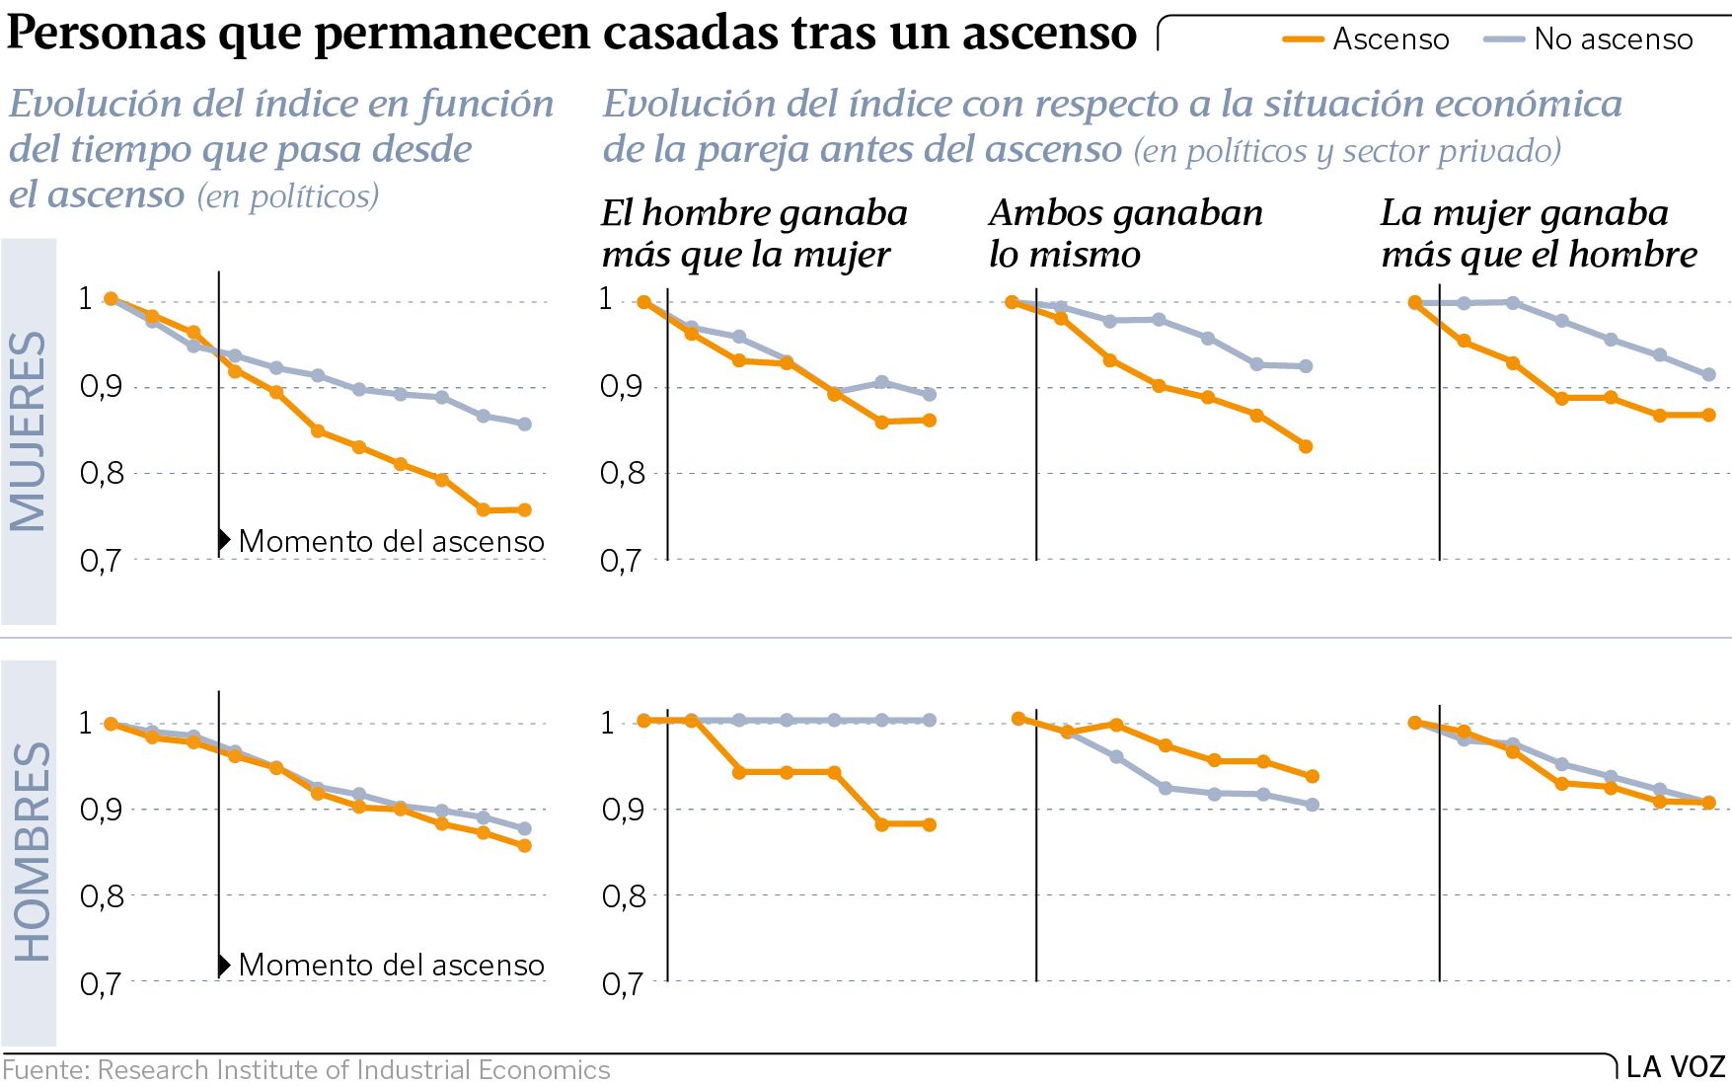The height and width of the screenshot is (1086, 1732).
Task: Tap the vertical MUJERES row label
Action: (x=29, y=431)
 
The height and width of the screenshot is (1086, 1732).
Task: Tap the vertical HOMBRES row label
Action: (x=31, y=852)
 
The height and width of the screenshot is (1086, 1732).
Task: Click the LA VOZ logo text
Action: (x=1675, y=1067)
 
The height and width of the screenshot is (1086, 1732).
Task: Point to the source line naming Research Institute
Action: (x=306, y=1070)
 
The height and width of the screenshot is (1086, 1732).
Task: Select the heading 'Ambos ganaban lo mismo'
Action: (x=1125, y=234)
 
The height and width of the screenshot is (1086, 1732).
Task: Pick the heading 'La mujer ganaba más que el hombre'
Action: (x=1538, y=234)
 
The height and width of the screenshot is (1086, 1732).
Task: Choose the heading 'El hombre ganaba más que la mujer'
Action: (x=754, y=234)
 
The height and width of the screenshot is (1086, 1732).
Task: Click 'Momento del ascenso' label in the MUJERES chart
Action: (x=391, y=541)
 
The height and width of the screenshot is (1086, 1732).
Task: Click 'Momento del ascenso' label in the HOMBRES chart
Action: (x=391, y=965)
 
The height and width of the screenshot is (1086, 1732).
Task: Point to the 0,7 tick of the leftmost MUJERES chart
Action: (x=100, y=561)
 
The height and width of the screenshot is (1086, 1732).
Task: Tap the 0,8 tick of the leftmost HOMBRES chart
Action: (x=100, y=896)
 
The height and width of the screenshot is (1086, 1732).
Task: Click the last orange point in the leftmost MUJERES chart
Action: (x=525, y=510)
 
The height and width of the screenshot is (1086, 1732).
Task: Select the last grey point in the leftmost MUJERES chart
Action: (x=525, y=425)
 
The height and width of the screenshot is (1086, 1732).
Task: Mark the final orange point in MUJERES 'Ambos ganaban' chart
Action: (x=1306, y=446)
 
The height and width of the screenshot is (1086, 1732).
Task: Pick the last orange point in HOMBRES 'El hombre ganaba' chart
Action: (x=930, y=824)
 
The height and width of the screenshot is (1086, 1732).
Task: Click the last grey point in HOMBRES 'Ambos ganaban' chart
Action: (x=1313, y=805)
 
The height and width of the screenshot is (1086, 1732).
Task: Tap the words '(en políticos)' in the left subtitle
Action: (x=288, y=196)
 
